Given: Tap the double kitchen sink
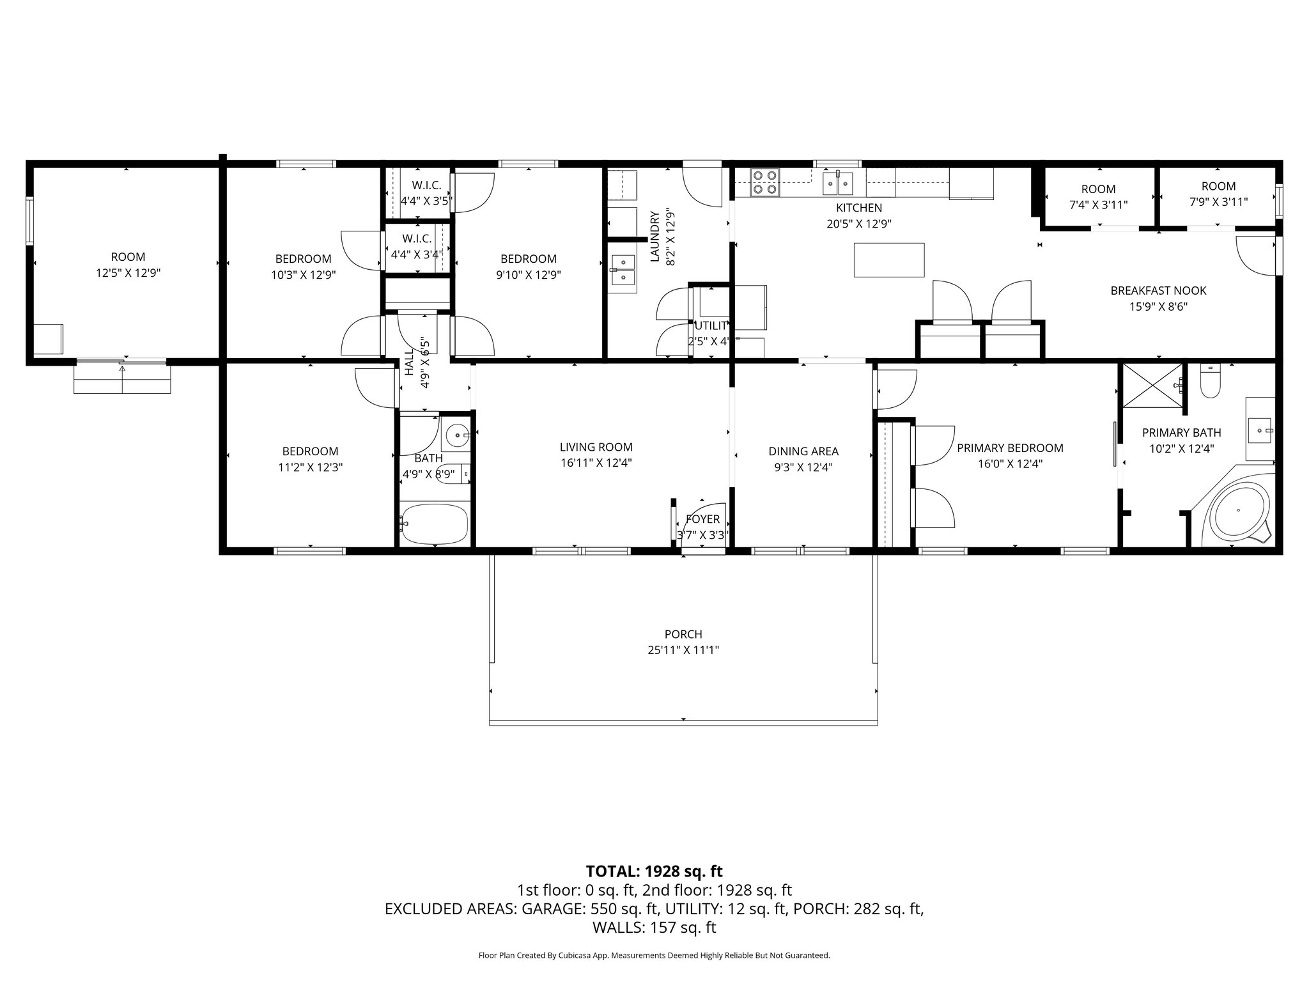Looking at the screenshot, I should pos(838,183).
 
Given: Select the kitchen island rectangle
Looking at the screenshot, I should pos(889,260).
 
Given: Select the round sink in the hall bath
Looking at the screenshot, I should pos(456,435).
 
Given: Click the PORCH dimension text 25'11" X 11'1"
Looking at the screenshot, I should pos(683,650).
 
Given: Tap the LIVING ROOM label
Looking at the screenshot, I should pos(596,448).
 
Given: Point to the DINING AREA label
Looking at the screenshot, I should pos(803,451).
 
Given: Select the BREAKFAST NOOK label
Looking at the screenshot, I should pos(1158,291).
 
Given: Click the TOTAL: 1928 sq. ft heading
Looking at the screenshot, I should pos(654,871).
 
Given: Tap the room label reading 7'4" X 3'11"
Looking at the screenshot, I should pos(1098,205).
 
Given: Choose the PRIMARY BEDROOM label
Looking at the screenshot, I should pos(1010,448).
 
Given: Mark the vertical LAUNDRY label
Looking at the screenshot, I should pos(654,237).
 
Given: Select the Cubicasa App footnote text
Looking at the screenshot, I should pos(654,955).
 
